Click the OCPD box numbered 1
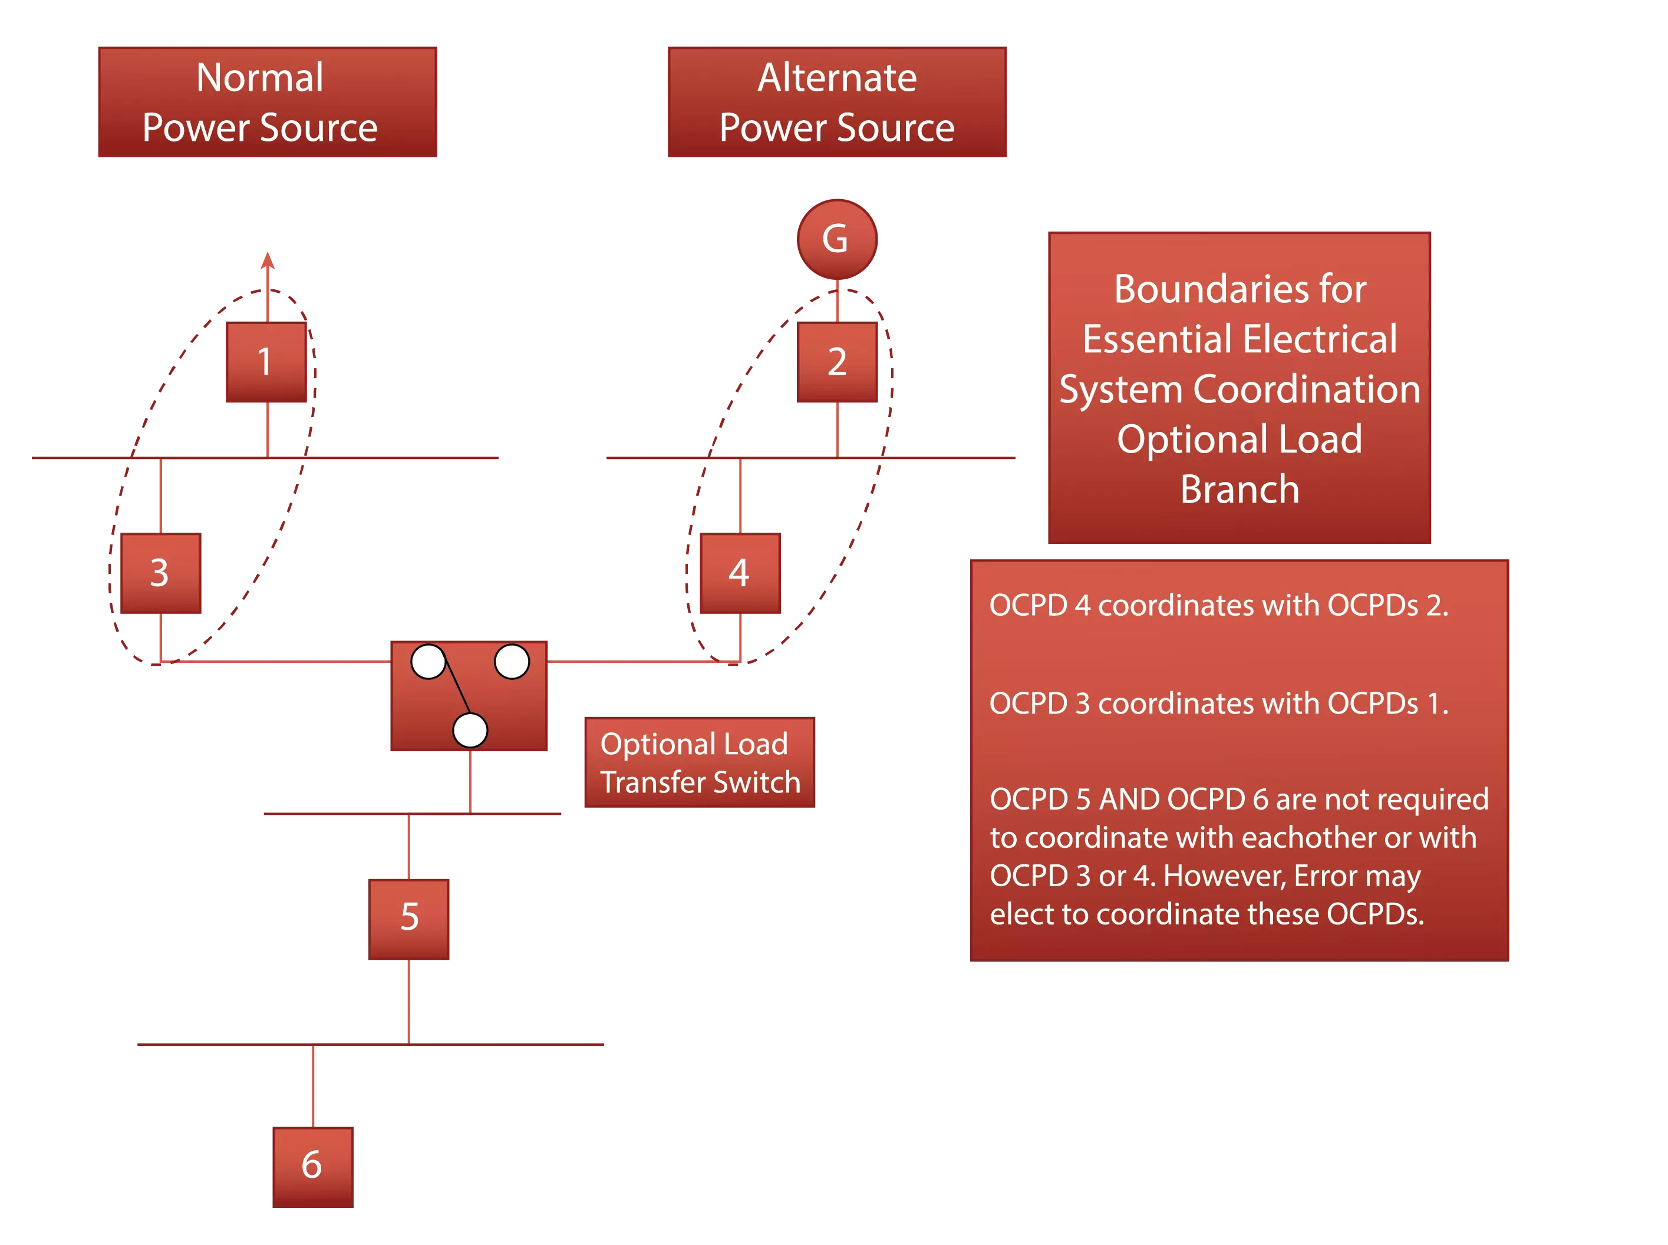[265, 362]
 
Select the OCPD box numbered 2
[838, 362]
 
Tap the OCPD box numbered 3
[160, 573]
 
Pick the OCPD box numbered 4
[740, 573]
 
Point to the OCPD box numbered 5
[409, 917]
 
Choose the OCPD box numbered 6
[311, 1167]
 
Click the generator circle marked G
[836, 239]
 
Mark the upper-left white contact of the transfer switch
[428, 662]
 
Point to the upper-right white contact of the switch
[511, 662]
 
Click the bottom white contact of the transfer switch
[470, 729]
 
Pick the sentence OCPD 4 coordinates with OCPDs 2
[1218, 606]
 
